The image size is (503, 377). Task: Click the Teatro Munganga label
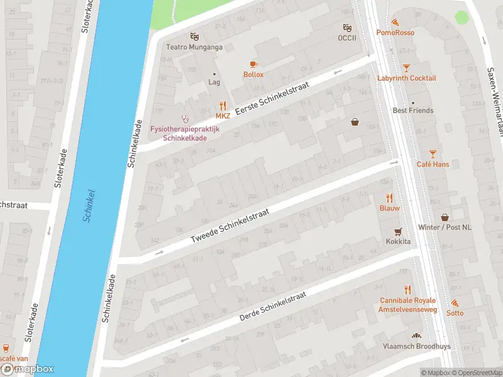[x=195, y=46]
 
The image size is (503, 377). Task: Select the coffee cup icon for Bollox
[x=253, y=64]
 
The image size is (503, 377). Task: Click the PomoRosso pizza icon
[x=394, y=22]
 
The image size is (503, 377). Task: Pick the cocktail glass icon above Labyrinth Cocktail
[x=406, y=67]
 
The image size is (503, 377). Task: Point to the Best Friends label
[x=412, y=111]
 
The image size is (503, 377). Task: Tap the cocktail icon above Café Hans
[x=432, y=154]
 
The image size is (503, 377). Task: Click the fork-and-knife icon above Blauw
[x=389, y=197]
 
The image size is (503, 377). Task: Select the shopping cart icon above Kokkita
[x=398, y=231]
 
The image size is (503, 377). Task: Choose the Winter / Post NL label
[x=445, y=227]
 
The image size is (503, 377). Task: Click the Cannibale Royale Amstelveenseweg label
[x=407, y=305]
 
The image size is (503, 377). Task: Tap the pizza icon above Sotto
[x=455, y=303]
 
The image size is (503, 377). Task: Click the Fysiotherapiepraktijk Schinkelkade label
[x=184, y=133]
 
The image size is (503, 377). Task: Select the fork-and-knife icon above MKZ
[x=223, y=106]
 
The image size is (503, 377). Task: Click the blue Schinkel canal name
[x=89, y=205]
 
